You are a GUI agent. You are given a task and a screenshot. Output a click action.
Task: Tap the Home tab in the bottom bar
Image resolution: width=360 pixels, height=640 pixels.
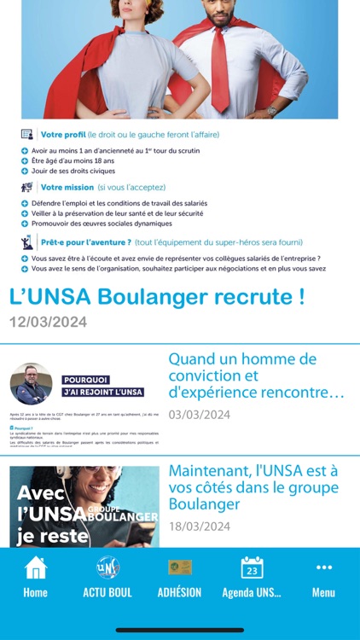point(35,576)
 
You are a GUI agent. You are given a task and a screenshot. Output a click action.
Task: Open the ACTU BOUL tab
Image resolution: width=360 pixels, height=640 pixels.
point(107,576)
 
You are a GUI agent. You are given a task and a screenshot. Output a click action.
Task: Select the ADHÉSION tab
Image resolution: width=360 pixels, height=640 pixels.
point(179,576)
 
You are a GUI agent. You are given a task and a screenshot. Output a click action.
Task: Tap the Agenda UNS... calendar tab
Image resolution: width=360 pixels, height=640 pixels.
point(252,576)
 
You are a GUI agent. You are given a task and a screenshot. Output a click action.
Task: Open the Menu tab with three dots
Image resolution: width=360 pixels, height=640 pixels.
point(323,576)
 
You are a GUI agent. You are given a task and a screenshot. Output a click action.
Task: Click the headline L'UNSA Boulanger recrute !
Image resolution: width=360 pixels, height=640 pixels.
point(157,298)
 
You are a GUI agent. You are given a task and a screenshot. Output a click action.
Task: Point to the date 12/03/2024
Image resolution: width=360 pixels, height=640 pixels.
point(49,323)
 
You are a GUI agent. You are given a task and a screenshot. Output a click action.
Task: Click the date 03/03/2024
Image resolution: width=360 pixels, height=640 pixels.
point(199,415)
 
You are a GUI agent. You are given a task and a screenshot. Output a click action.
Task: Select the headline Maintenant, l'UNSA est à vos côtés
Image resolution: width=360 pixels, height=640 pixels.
point(253,486)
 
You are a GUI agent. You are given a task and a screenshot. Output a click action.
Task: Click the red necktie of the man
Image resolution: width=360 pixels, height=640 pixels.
point(219,68)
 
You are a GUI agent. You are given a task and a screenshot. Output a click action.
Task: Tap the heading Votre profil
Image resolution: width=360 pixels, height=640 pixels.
point(63,135)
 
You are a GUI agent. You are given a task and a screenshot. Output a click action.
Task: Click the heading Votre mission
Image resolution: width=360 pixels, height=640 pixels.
point(67,188)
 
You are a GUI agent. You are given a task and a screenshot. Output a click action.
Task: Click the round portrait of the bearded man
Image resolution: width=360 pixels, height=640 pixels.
point(32,384)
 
